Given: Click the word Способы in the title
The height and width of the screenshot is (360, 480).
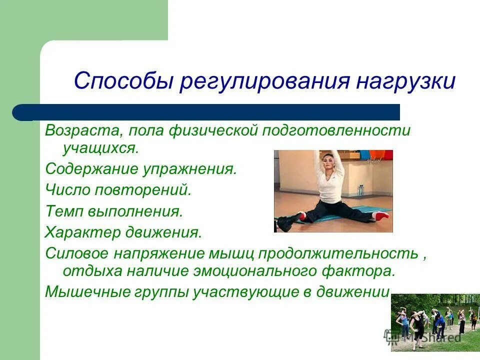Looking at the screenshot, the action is pyautogui.click(x=123, y=81).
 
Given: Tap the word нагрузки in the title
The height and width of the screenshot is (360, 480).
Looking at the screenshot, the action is pyautogui.click(x=405, y=81).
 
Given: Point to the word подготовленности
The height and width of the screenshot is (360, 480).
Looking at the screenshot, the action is pyautogui.click(x=336, y=130).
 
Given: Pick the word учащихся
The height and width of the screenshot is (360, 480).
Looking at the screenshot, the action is pyautogui.click(x=101, y=148).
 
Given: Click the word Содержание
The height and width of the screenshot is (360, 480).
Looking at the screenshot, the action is pyautogui.click(x=91, y=169).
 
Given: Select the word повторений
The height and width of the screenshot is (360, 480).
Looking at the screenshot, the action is pyautogui.click(x=143, y=190).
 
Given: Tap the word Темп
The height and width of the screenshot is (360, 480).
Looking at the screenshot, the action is pyautogui.click(x=64, y=211).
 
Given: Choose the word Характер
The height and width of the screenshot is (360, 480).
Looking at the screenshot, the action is pyautogui.click(x=82, y=232).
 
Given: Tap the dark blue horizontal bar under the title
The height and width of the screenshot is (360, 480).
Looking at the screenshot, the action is pyautogui.click(x=206, y=112).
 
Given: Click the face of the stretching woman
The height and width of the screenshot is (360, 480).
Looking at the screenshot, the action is pyautogui.click(x=327, y=165).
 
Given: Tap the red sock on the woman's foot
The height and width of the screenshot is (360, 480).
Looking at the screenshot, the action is pyautogui.click(x=381, y=215).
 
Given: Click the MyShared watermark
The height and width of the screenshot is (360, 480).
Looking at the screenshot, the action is pyautogui.click(x=422, y=337).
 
